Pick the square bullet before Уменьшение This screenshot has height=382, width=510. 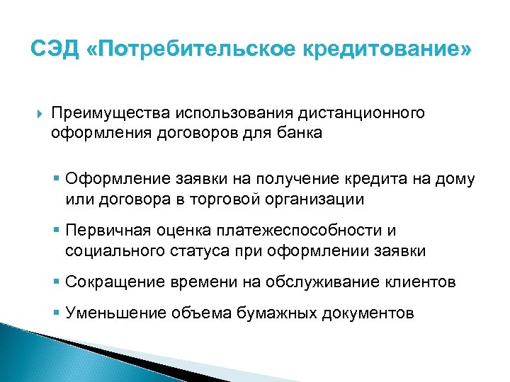(57, 313)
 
